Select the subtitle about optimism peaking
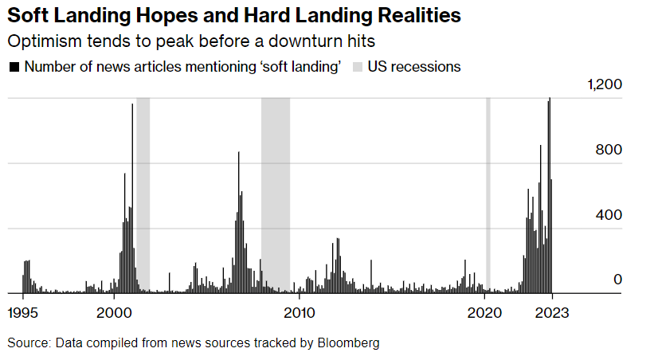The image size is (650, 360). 191,41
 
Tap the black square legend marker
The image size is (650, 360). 14,67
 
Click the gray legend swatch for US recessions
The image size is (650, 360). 358,67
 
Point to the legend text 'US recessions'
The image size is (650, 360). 413,67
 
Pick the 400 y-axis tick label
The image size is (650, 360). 609,215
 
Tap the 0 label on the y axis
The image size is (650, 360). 617,280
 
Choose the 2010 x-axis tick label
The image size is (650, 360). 299,312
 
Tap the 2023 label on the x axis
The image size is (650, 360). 551,312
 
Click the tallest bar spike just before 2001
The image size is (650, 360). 132,159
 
